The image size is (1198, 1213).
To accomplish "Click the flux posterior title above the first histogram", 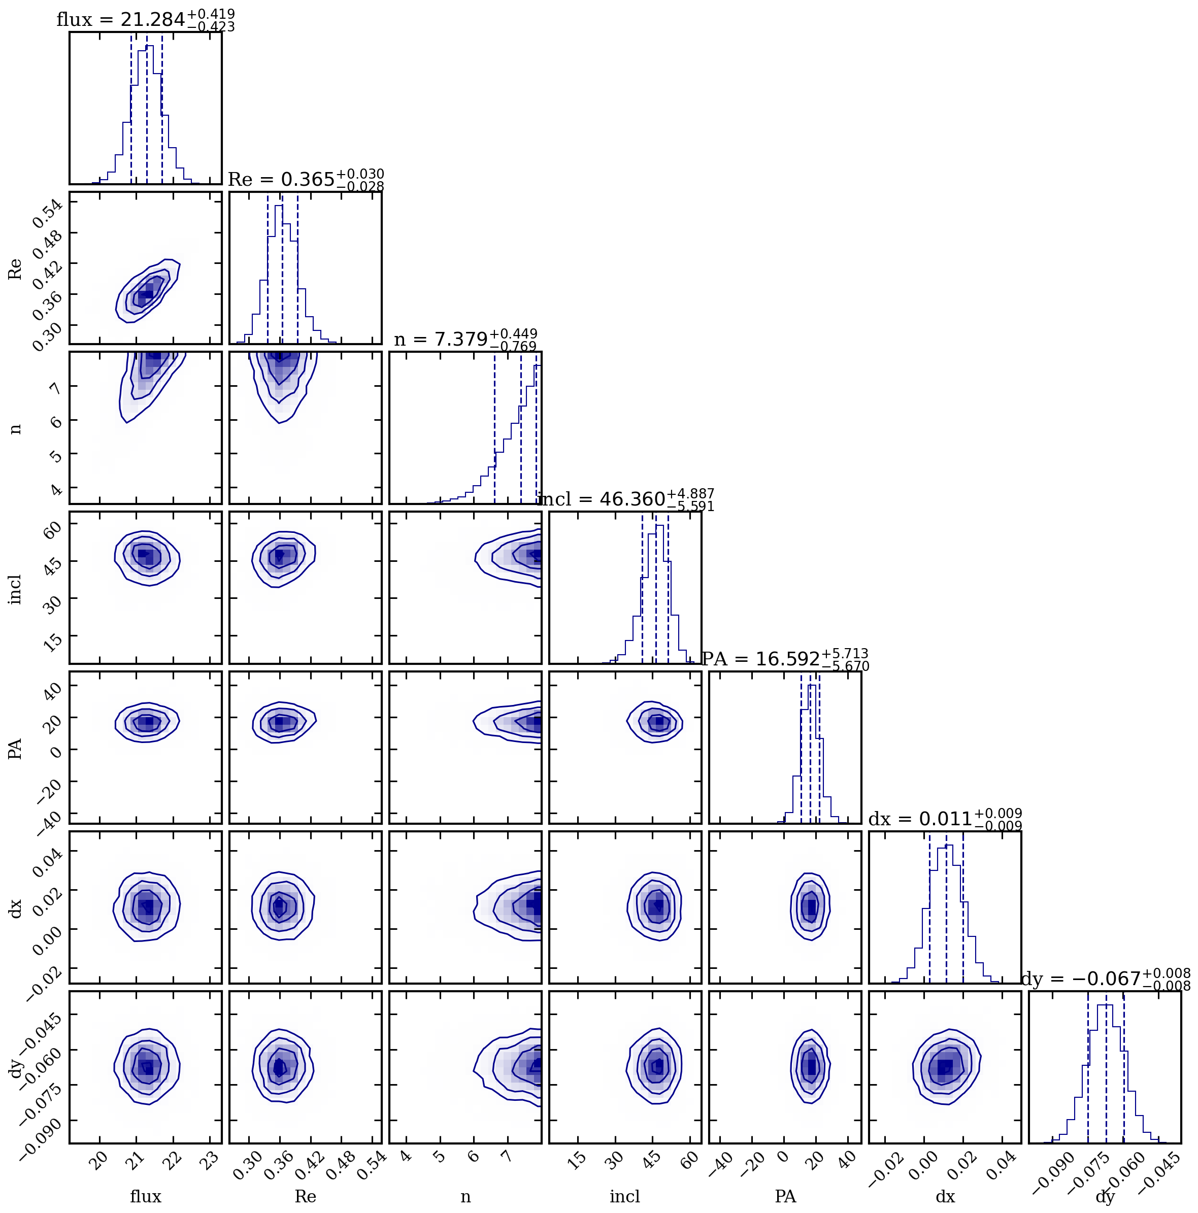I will point(145,20).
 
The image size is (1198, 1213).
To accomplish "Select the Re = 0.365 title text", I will point(305,180).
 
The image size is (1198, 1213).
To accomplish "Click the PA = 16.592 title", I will point(785,659).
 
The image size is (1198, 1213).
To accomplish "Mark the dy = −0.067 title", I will point(1105,979).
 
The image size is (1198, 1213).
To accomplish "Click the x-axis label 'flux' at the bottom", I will point(145,1197).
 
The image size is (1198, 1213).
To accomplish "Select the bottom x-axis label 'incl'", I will point(625,1197).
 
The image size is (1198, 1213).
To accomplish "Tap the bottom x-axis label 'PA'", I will point(785,1197).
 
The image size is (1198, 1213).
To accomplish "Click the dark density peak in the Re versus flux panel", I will point(146,294).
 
